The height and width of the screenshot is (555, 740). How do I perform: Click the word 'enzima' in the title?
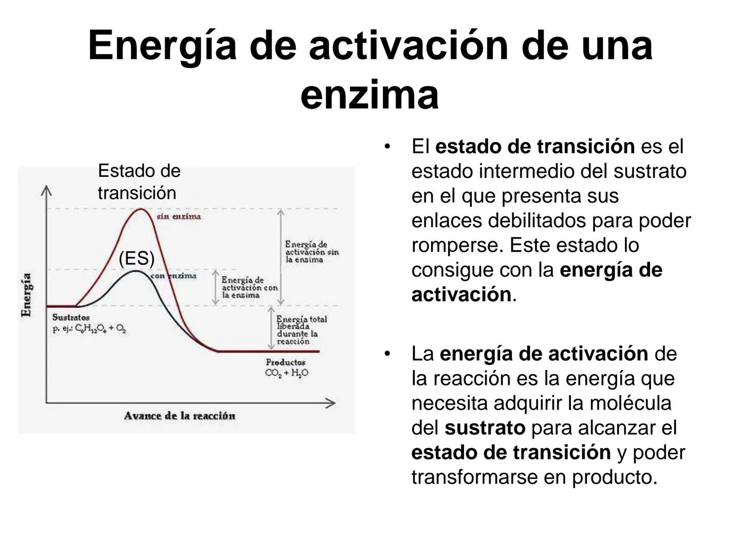(369, 95)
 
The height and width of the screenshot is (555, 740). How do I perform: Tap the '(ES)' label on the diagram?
(137, 259)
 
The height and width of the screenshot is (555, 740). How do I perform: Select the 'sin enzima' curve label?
(179, 216)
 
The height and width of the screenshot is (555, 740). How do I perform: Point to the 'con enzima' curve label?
(173, 276)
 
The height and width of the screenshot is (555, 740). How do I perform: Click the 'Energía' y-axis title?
(26, 295)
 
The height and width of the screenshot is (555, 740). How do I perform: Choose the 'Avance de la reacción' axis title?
(180, 416)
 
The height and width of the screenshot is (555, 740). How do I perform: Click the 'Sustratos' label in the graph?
(71, 318)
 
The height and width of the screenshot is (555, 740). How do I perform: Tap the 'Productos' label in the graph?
(286, 362)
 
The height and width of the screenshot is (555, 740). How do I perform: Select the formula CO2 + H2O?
(287, 373)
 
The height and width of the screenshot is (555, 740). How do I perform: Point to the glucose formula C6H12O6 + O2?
(89, 328)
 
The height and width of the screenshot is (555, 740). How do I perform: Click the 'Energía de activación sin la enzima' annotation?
(312, 252)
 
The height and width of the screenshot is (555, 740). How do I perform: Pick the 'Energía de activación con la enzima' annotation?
(249, 287)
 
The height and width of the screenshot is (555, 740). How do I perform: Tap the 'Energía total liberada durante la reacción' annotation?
(301, 330)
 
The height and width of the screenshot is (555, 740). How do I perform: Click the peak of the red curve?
(141, 209)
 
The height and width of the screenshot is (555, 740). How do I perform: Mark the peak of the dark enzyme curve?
(136, 271)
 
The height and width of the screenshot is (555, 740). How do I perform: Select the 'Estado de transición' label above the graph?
(139, 182)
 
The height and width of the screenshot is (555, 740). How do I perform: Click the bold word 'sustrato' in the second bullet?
(485, 428)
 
